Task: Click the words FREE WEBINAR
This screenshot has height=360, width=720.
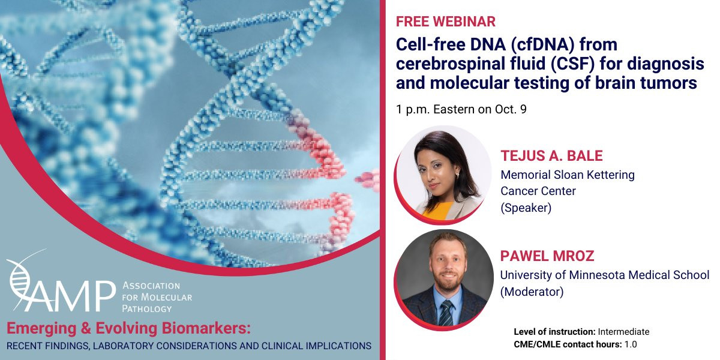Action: pos(445,22)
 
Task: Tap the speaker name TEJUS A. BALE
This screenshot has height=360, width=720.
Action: pos(551,156)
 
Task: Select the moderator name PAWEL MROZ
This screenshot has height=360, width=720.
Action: pos(547,256)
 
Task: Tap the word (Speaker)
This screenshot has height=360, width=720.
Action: pos(526,208)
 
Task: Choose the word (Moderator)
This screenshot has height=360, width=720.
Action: pos(532,292)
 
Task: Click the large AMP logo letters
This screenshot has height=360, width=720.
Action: pos(71,296)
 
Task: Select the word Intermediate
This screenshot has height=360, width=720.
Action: pos(623,332)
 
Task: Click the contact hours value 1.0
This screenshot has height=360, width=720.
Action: pos(631,344)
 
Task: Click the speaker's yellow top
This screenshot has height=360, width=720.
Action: pos(438,210)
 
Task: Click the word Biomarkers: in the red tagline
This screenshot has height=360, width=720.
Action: pos(206,329)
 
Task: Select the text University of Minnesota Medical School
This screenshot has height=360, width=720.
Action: pos(605,275)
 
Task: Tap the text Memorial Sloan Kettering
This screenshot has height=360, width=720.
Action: pos(568,175)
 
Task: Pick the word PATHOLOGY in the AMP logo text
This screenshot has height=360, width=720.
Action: pos(147,309)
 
